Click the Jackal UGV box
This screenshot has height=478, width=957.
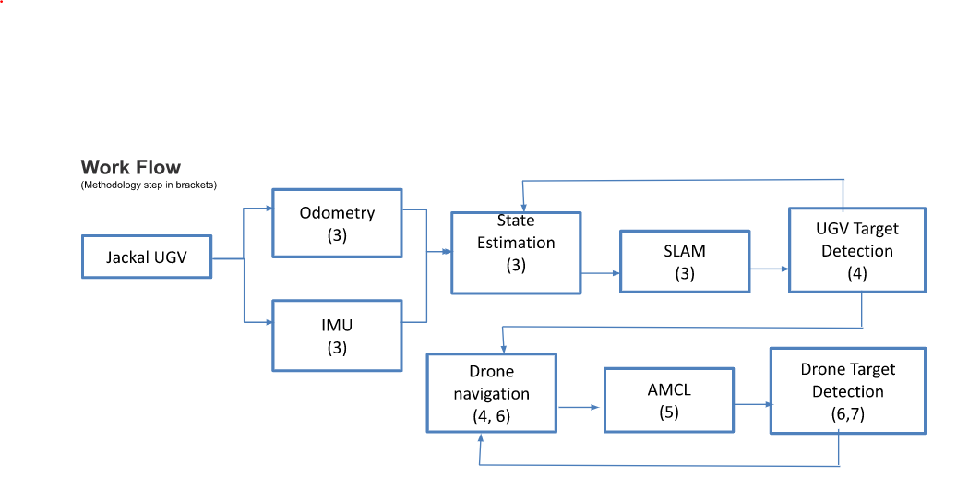click(x=147, y=257)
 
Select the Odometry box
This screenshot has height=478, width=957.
click(x=337, y=223)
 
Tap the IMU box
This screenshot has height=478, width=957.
click(x=337, y=335)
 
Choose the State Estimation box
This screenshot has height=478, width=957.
click(x=515, y=253)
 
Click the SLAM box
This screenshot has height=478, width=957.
click(x=684, y=262)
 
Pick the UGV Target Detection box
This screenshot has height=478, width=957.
click(x=856, y=250)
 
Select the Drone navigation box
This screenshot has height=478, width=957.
click(x=491, y=393)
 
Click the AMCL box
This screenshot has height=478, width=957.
click(x=668, y=400)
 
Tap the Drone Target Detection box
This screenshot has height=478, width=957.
click(x=847, y=390)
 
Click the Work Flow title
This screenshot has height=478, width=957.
click(x=130, y=167)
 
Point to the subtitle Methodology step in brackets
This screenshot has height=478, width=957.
click(x=148, y=185)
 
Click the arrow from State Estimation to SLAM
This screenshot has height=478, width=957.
click(x=600, y=273)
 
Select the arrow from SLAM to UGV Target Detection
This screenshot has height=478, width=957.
click(x=770, y=269)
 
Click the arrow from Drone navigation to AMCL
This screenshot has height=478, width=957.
click(x=580, y=407)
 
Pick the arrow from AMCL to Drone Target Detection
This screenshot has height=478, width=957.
click(x=751, y=404)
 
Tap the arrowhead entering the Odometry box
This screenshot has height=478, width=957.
click(x=267, y=209)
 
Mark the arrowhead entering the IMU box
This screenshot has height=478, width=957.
click(x=267, y=321)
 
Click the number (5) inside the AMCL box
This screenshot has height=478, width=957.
click(x=668, y=412)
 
